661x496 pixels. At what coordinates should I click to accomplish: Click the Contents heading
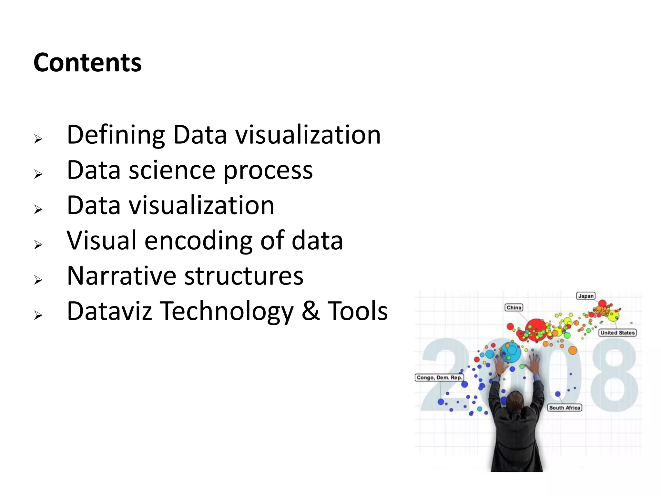87,63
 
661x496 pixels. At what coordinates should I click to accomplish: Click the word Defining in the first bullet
116,135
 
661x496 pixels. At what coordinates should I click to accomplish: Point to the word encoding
198,241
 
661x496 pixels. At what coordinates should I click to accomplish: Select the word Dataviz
109,311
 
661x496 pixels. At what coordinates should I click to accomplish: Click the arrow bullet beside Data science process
38,174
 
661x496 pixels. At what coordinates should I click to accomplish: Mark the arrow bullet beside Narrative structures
38,280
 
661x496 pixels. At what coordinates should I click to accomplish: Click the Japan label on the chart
586,296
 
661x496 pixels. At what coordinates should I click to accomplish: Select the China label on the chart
514,307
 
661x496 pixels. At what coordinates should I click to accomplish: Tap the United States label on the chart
617,333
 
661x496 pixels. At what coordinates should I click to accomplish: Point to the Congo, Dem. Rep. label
439,377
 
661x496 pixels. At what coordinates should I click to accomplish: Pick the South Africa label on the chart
564,408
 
